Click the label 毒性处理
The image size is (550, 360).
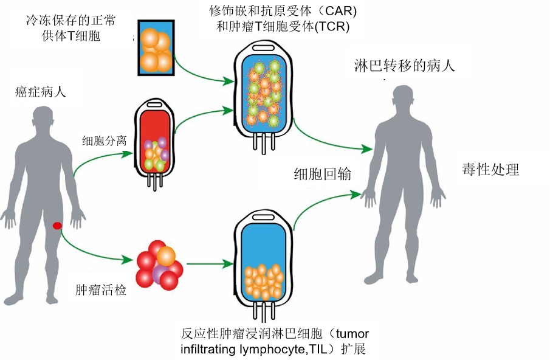click(x=490, y=169)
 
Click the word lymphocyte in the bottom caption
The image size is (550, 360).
click(x=257, y=350)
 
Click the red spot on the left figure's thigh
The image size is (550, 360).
click(x=57, y=226)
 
